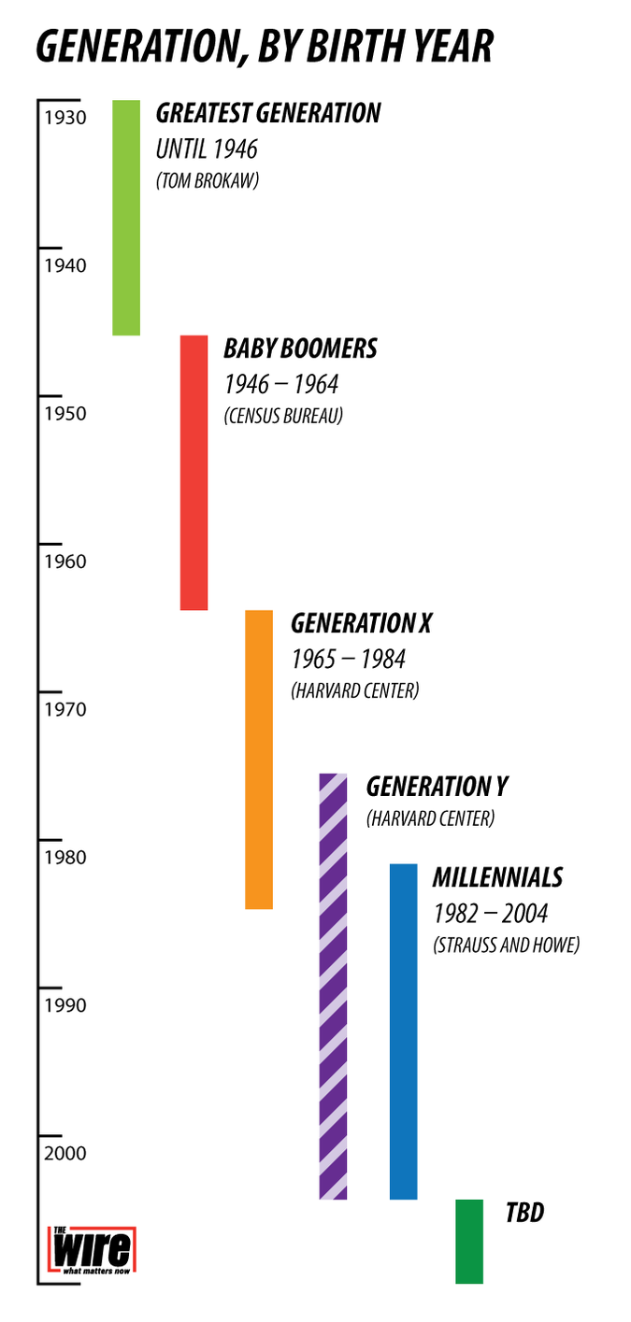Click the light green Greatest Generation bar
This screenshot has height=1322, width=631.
coord(126,217)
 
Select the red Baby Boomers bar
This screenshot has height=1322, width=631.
coord(194,472)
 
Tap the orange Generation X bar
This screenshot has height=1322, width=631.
coord(259,759)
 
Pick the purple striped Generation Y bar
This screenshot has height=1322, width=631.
coord(333,986)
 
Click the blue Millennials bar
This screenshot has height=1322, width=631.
coord(403,1031)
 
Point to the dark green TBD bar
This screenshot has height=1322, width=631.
coord(469,1241)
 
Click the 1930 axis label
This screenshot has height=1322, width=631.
coord(65,118)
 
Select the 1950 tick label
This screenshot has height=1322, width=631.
coord(65,414)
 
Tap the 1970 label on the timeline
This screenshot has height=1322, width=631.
coord(65,710)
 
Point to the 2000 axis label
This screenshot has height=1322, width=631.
coord(65,1154)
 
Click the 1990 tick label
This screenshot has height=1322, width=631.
coord(65,1006)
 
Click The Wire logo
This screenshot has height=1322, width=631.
coord(92,1252)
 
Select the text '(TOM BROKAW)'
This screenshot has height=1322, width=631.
coord(207,180)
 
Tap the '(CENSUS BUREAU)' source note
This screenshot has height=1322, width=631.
coord(282,416)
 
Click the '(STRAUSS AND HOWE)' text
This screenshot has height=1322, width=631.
coord(506,945)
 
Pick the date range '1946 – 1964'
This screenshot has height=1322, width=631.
coord(280,384)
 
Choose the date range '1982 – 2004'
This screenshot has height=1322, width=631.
coord(490,913)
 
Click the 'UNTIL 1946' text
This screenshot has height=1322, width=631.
coord(206,149)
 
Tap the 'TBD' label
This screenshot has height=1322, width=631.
coord(524,1213)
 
